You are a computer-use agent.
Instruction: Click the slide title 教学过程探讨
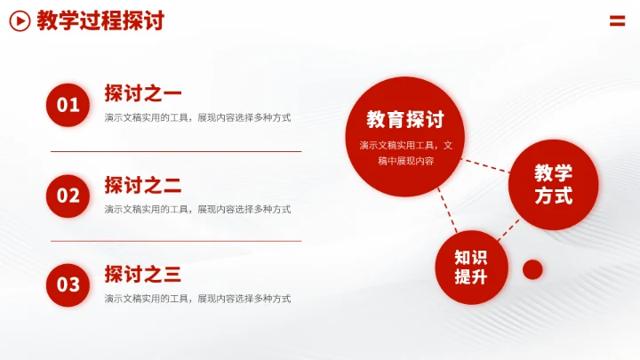pyautogui.click(x=100, y=20)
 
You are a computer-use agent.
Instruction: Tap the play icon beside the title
pyautogui.click(x=20, y=20)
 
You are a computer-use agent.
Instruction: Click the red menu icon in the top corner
pyautogui.click(x=617, y=20)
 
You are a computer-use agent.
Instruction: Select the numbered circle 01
pyautogui.click(x=68, y=106)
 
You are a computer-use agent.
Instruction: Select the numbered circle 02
pyautogui.click(x=68, y=196)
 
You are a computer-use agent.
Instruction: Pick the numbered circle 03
pyautogui.click(x=68, y=284)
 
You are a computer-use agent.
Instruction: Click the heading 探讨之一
pyautogui.click(x=143, y=93)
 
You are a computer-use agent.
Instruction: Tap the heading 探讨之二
pyautogui.click(x=143, y=185)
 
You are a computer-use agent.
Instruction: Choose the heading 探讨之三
pyautogui.click(x=143, y=274)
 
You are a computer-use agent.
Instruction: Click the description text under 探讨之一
pyautogui.click(x=197, y=117)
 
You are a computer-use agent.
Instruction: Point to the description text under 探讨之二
pyautogui.click(x=197, y=209)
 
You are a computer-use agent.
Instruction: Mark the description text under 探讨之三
pyautogui.click(x=197, y=299)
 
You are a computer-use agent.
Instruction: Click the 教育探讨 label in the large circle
pyautogui.click(x=405, y=120)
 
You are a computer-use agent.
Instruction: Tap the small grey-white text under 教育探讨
pyautogui.click(x=405, y=153)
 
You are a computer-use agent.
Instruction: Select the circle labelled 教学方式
pyautogui.click(x=553, y=185)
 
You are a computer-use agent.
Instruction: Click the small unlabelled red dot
pyautogui.click(x=532, y=269)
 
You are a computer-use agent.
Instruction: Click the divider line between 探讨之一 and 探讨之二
pyautogui.click(x=176, y=152)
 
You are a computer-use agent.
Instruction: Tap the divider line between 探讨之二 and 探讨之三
pyautogui.click(x=176, y=241)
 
